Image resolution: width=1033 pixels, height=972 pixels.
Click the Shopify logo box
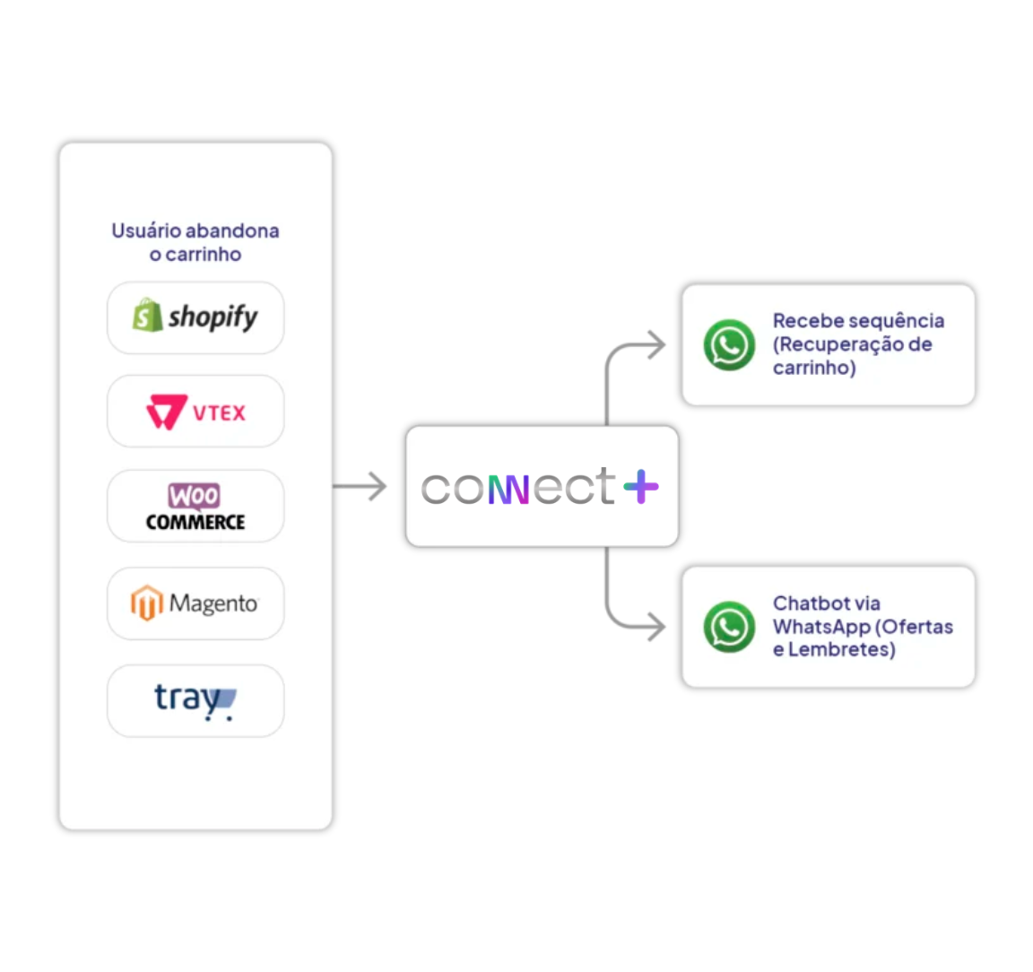point(195,317)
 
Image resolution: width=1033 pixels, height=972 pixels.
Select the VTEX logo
point(195,412)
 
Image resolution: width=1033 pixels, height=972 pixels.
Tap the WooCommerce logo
point(195,507)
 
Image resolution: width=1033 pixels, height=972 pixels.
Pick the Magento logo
point(195,603)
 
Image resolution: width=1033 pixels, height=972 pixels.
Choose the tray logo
point(195,700)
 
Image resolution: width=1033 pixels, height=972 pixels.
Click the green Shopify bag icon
point(147,316)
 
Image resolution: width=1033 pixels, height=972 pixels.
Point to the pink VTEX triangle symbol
point(166,412)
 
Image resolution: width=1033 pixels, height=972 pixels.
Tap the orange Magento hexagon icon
point(147,603)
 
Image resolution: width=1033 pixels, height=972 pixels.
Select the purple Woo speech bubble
point(194,496)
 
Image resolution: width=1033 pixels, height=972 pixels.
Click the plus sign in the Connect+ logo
point(640,486)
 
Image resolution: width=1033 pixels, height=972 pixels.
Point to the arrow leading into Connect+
point(362,487)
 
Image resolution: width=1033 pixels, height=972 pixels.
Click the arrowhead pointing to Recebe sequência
point(656,345)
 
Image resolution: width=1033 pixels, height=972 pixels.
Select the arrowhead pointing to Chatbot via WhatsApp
point(656,627)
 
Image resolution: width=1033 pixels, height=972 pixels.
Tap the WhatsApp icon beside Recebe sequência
point(729,345)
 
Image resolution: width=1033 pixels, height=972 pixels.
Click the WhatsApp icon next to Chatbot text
point(729,627)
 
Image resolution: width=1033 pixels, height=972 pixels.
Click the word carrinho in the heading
point(204,255)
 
